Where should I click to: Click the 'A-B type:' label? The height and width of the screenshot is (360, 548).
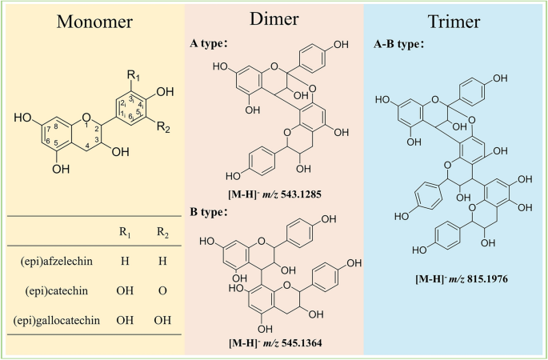pyautogui.click(x=400, y=46)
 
